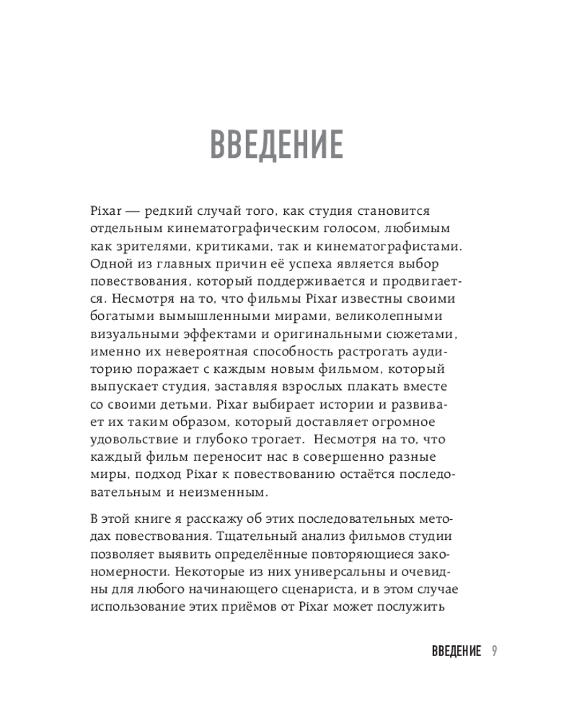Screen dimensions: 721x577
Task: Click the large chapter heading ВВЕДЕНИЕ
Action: tap(276, 144)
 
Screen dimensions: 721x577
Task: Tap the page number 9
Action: tap(493, 651)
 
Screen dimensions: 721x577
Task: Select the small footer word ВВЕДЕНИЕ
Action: tap(456, 651)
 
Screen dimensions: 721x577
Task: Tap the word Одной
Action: tap(108, 264)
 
